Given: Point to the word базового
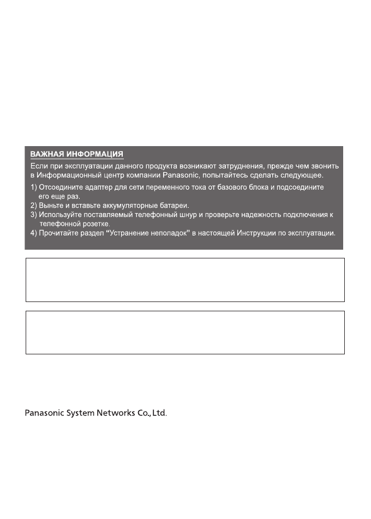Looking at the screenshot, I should pos(233,187).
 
